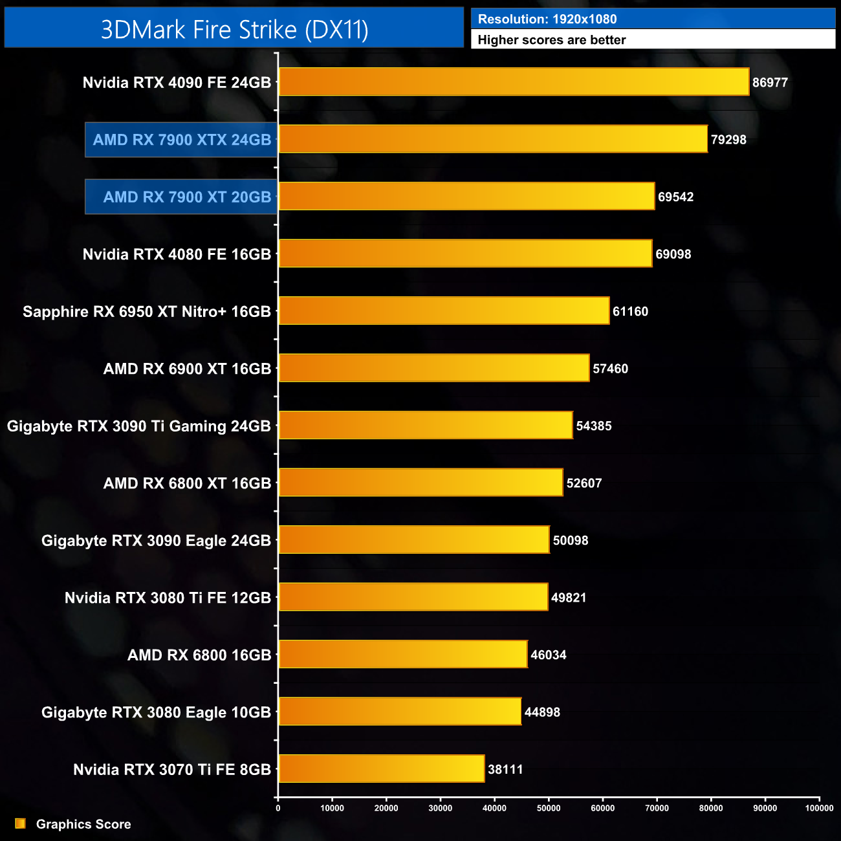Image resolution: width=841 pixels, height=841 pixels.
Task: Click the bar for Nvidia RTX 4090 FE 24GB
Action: click(514, 82)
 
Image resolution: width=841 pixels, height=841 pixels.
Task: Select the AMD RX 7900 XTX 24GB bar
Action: click(493, 139)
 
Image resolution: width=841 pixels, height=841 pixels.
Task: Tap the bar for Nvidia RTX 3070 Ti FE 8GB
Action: click(382, 769)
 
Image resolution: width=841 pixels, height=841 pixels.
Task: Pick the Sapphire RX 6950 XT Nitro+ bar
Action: click(444, 311)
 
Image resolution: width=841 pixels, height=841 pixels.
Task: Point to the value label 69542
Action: click(675, 197)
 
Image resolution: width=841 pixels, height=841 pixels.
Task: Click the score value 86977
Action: click(770, 83)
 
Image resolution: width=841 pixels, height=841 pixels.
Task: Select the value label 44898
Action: click(542, 712)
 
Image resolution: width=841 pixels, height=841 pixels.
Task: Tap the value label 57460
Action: click(610, 369)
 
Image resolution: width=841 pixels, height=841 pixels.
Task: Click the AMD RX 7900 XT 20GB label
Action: click(187, 197)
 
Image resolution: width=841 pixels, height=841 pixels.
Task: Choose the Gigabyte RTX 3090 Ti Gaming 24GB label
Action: click(139, 426)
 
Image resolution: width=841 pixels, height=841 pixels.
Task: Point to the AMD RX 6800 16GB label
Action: click(199, 655)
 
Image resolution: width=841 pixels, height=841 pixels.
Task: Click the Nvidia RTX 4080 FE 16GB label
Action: click(177, 255)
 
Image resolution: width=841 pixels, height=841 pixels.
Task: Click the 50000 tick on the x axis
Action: click(549, 808)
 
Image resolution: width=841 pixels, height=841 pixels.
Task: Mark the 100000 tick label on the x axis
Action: click(819, 808)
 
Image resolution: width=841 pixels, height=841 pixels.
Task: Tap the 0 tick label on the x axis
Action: click(278, 808)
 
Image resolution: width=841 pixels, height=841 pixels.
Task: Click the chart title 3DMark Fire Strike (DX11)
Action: click(234, 30)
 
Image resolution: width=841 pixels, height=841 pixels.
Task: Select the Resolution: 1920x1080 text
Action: click(547, 19)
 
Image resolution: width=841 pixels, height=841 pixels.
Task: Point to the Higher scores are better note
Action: click(552, 40)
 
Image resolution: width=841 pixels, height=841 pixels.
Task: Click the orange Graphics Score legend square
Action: click(20, 824)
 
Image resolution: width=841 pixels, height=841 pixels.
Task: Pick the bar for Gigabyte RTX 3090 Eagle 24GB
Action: click(414, 540)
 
